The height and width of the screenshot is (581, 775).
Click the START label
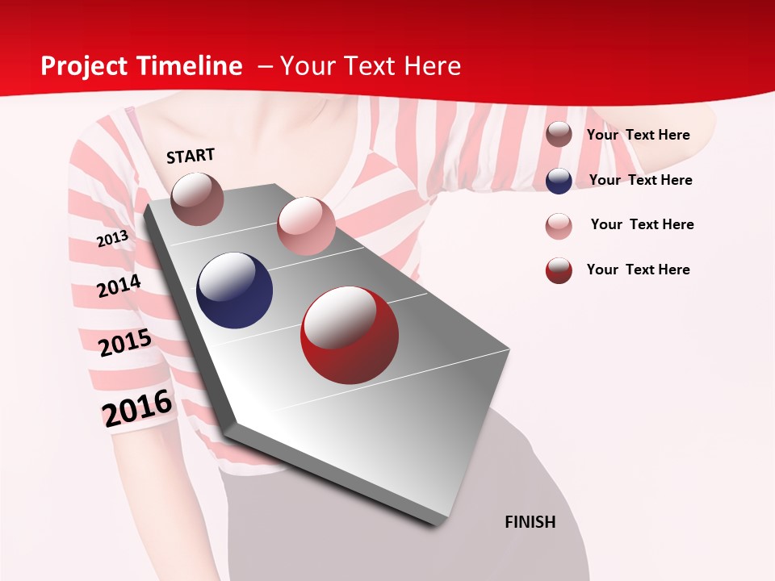(191, 156)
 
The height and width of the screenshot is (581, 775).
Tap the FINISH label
(530, 522)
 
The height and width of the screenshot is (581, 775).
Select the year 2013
(113, 238)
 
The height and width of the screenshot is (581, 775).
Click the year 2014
(119, 286)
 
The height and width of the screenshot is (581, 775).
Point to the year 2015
(125, 343)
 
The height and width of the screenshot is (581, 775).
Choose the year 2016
(137, 408)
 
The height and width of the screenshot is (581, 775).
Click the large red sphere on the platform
(350, 335)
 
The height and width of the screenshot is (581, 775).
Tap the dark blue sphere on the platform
(235, 290)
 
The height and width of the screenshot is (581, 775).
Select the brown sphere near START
(198, 199)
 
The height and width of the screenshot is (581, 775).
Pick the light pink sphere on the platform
(306, 226)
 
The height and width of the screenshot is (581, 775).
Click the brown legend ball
(559, 134)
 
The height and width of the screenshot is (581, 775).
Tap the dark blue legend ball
(559, 181)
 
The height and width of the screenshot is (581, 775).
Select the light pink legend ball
(559, 226)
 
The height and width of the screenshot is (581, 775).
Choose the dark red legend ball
(559, 270)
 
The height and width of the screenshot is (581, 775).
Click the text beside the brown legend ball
(638, 135)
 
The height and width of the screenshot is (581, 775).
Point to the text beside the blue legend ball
(640, 180)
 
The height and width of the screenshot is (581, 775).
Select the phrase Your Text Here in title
(371, 66)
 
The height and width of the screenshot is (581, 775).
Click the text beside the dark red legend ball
(638, 270)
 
